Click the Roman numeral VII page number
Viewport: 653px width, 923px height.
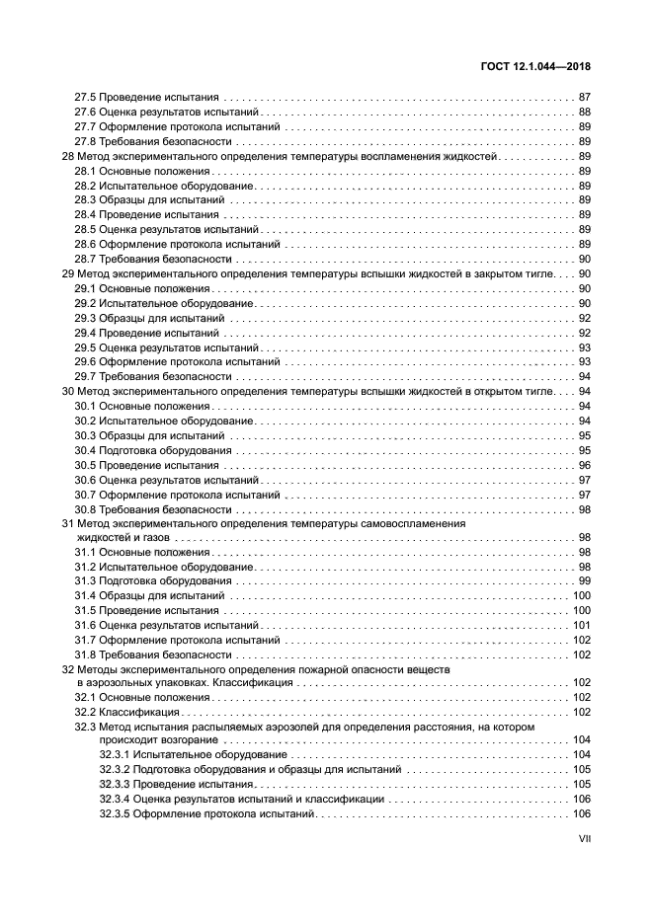[x=584, y=841]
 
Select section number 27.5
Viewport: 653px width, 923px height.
[x=85, y=98]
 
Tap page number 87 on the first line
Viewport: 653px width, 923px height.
[x=584, y=98]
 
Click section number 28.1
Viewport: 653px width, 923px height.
[x=85, y=172]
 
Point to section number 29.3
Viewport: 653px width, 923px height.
[x=85, y=318]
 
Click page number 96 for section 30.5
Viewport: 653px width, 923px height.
[x=584, y=465]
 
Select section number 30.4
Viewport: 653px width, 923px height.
[x=85, y=450]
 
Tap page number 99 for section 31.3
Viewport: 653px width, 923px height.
[x=584, y=581]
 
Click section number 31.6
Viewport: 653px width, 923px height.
[x=85, y=626]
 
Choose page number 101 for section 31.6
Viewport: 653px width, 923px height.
[x=581, y=626]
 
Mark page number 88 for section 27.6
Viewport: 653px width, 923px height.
[x=584, y=113]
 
